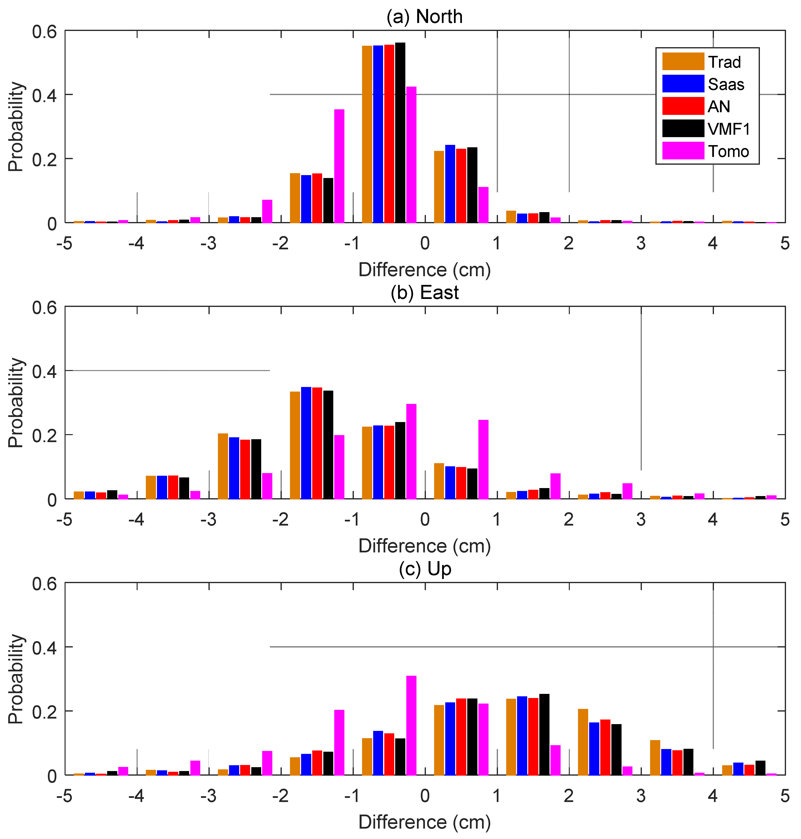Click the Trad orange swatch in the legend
pos(683,61)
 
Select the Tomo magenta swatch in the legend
pos(683,151)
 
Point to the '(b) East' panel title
pos(424,292)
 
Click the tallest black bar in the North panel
pos(400,132)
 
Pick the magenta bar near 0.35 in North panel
pos(339,166)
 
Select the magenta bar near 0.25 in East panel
pos(483,459)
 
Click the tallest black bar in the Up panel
pos(544,734)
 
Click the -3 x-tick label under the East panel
pos(208,520)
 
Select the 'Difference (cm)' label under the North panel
pos(424,270)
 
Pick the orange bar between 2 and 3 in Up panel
pos(583,742)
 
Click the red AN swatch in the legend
pos(683,106)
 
